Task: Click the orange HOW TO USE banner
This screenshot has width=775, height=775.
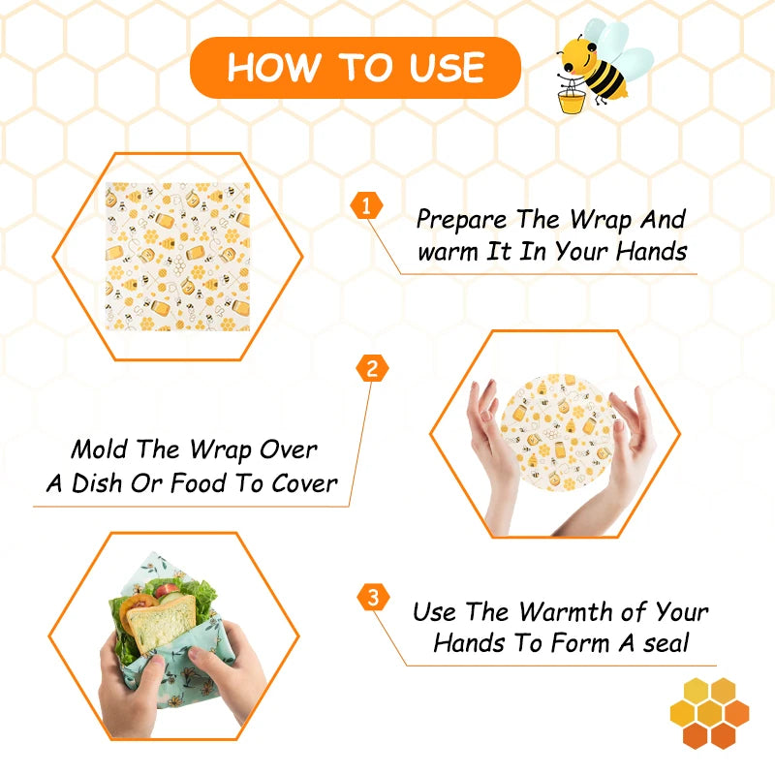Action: pyautogui.click(x=355, y=68)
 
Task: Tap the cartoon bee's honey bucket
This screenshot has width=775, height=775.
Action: pyautogui.click(x=572, y=99)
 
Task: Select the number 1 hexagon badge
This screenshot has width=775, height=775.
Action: pyautogui.click(x=366, y=205)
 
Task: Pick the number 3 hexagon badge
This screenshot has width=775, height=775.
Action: pyautogui.click(x=373, y=597)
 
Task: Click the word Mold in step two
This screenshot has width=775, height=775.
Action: pyautogui.click(x=97, y=450)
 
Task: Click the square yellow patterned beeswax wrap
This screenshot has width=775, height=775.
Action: pyautogui.click(x=178, y=257)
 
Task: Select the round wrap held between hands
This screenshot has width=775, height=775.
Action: pyautogui.click(x=554, y=432)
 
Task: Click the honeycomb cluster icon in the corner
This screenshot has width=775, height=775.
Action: pyautogui.click(x=709, y=713)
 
